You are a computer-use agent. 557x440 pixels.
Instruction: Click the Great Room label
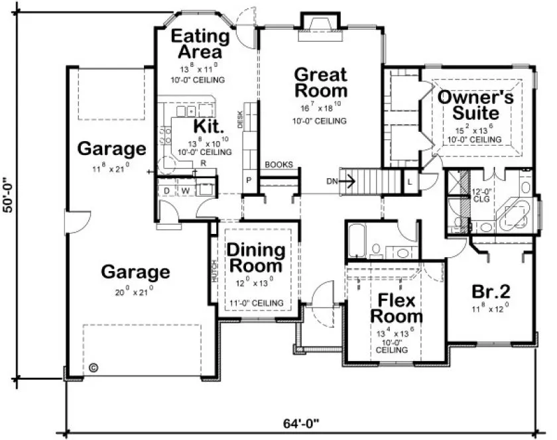[320, 82]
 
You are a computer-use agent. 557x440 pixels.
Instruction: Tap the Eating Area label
[200, 44]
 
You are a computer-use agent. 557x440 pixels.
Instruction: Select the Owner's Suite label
[475, 105]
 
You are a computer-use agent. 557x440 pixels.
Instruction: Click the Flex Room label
[397, 308]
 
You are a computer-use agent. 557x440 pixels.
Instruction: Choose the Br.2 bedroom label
[490, 292]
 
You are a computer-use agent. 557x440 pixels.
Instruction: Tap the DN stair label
[332, 180]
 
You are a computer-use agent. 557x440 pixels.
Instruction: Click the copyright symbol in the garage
[92, 366]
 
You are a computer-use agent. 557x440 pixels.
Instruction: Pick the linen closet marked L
[410, 180]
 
